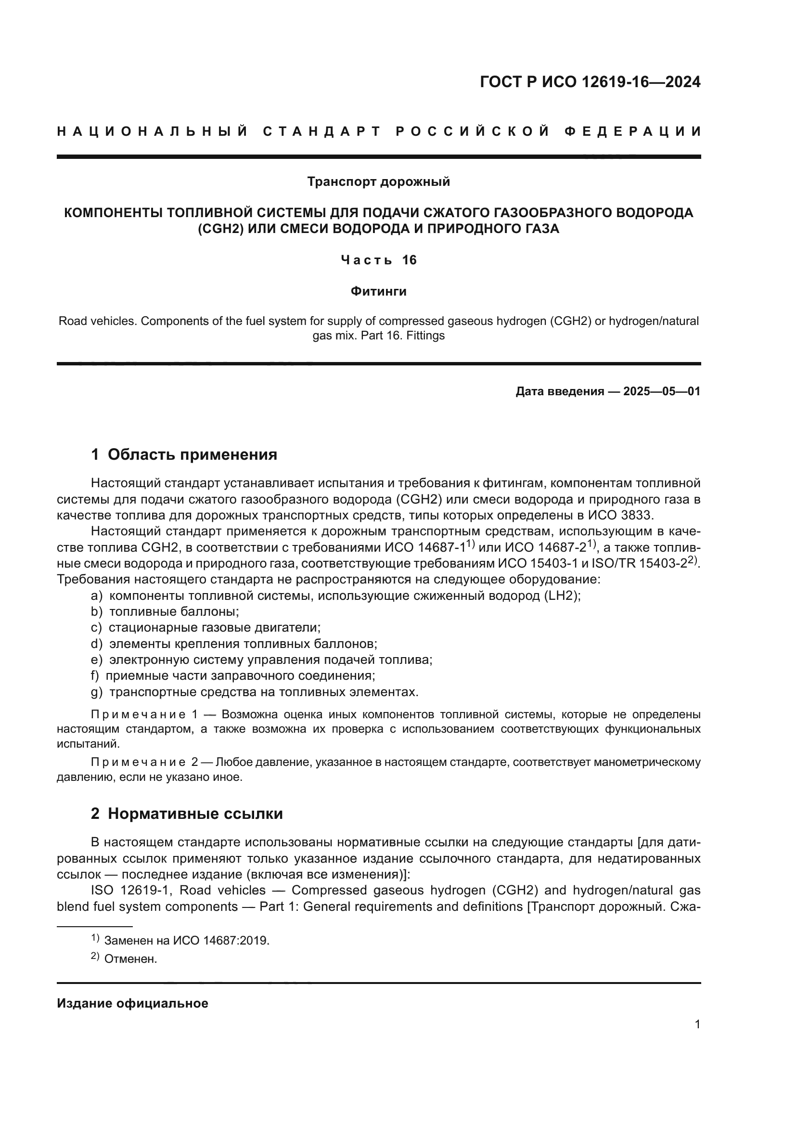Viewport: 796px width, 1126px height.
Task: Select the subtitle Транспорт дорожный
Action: point(378,182)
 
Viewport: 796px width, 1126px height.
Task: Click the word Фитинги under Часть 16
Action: point(378,292)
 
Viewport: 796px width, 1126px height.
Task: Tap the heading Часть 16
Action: point(378,260)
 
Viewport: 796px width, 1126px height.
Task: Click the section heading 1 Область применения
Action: point(184,454)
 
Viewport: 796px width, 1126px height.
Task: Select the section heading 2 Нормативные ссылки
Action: point(187,814)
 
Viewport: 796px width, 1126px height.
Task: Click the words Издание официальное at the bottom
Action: point(132,1003)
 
